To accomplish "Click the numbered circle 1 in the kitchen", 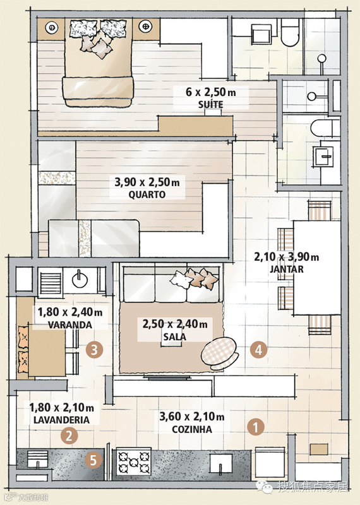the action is pos(256,427).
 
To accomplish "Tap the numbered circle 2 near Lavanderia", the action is pos(69,436).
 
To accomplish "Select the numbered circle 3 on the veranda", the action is pos(94,350).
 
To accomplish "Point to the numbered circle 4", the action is pos(258,350).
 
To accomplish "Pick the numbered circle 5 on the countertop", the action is pos(93,461).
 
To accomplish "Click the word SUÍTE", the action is pos(210,105).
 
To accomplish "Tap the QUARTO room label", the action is pos(147,195).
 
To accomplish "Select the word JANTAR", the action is pos(287,269).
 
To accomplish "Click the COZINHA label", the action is pos(192,429).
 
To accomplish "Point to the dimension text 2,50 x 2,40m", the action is pos(175,324).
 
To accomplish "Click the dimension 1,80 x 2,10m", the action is pos(61,408).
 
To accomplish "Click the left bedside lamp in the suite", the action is pos(52,28).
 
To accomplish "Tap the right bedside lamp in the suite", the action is pos(146,26).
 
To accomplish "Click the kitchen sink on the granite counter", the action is pos(221,463).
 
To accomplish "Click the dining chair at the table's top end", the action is pos(320,211).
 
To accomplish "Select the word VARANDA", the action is pos(70,324).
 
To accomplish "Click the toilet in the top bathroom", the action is pos(290,32).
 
